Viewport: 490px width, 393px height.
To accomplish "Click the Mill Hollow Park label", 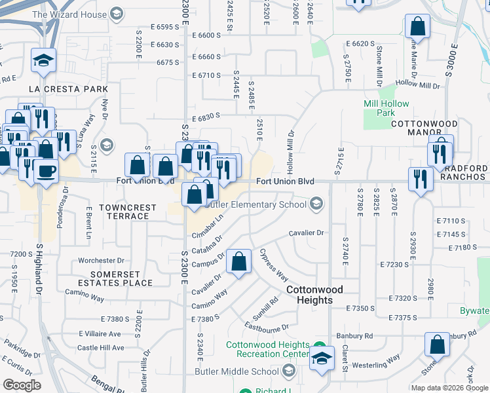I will (386, 108).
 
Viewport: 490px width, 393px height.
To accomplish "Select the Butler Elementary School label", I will (256, 204).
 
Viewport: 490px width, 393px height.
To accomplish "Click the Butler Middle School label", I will (236, 371).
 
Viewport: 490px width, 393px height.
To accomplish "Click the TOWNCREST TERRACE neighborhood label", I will (128, 212).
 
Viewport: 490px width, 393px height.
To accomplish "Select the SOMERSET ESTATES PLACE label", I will (116, 278).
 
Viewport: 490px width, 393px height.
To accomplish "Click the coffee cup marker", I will (45, 171).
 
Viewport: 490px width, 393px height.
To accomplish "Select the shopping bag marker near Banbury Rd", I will (437, 344).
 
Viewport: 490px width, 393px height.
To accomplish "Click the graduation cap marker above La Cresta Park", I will (44, 61).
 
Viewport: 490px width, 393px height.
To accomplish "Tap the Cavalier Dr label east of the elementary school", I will (307, 233).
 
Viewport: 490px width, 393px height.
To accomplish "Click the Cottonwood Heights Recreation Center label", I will (268, 350).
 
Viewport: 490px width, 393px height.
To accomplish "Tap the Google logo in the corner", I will (22, 385).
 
